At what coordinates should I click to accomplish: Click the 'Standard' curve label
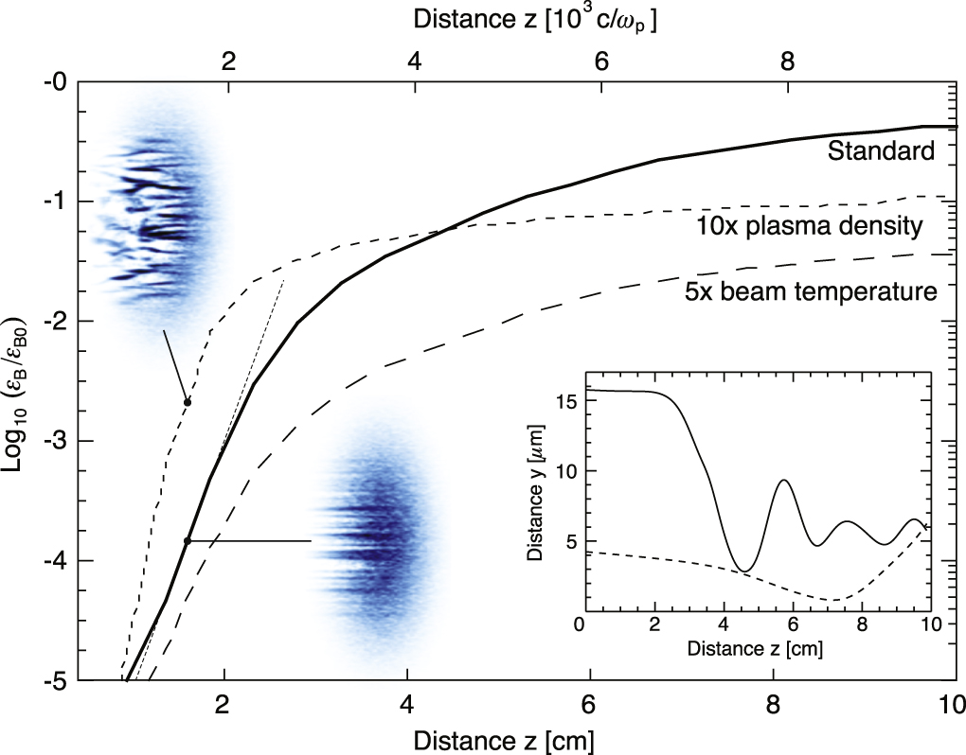881,150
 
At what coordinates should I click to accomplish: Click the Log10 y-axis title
20,380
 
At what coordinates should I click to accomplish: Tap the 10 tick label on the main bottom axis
950,705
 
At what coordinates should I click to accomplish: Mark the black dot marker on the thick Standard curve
188,540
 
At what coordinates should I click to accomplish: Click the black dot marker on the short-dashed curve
188,402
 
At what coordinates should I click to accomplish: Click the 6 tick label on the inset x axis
792,625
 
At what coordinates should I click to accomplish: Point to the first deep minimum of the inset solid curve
746,571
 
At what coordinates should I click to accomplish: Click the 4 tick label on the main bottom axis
406,705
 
